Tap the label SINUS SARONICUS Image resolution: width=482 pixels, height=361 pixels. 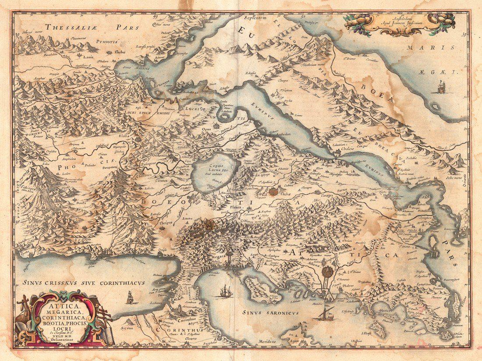point(270,313)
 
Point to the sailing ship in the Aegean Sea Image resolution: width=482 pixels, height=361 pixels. point(439,87)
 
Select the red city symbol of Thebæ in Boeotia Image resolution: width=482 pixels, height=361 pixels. point(274,191)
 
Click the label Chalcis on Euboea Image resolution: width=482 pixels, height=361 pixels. point(344,149)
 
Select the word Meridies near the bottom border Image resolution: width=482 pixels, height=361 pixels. point(266,341)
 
